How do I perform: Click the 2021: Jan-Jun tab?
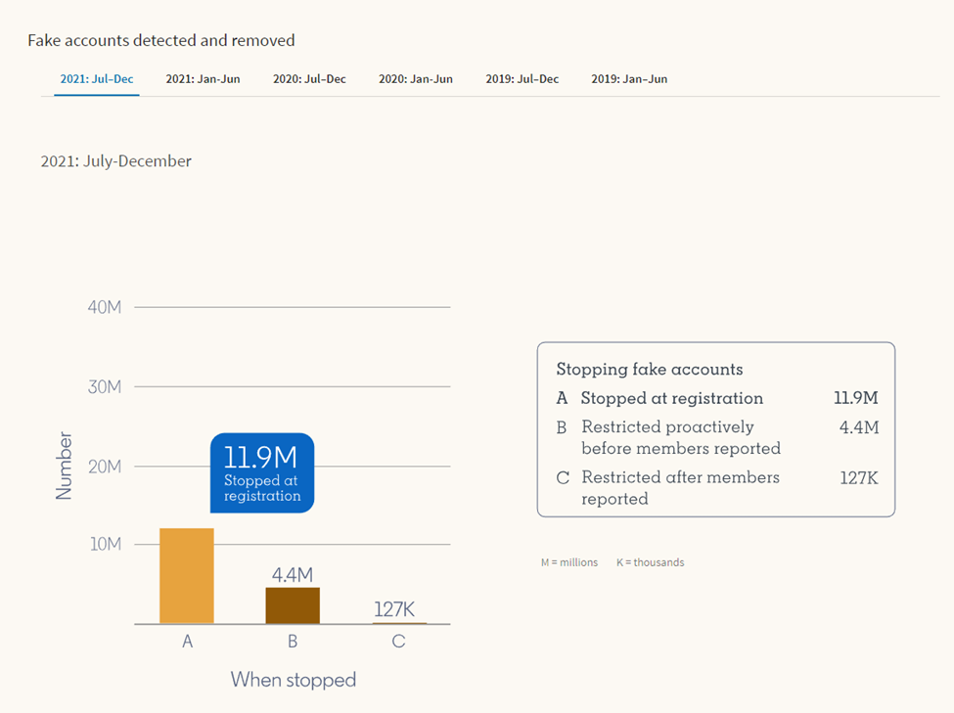point(203,79)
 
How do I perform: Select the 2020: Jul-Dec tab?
point(309,79)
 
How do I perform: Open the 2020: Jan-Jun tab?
point(416,79)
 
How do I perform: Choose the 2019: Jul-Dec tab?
point(522,79)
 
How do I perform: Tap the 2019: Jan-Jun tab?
point(629,79)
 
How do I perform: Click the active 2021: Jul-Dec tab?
point(97,79)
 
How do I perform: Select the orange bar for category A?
point(187,576)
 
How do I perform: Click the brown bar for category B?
point(293,605)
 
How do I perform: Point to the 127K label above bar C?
point(394,609)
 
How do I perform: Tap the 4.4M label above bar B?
point(293,575)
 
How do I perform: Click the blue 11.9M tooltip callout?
point(262,472)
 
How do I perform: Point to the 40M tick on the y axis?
point(105,307)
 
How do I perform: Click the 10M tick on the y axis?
point(106,544)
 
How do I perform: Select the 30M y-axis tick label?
point(105,386)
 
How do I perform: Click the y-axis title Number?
point(65,466)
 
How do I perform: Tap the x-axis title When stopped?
point(294,679)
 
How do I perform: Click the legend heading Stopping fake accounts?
point(650,370)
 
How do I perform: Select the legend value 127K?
point(859,477)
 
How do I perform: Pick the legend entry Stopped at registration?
point(671,398)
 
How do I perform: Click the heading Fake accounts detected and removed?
point(161,41)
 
